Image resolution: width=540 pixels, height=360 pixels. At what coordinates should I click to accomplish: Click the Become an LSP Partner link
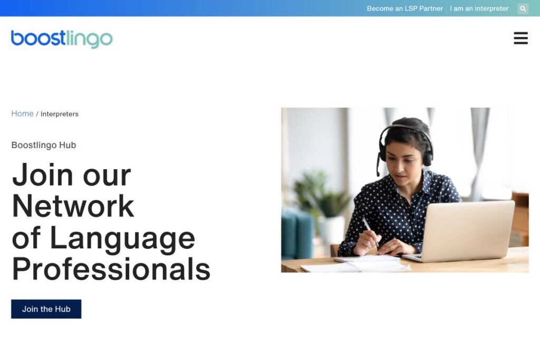[x=404, y=8]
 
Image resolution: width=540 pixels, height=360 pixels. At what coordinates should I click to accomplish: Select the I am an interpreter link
[x=479, y=8]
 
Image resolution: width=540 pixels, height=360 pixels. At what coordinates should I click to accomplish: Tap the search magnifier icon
[x=523, y=8]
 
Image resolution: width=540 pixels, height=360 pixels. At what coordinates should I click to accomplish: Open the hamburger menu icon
[x=520, y=38]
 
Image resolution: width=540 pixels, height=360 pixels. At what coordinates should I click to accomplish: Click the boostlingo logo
[x=62, y=39]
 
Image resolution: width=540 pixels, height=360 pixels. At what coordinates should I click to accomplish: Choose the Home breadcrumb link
[x=22, y=113]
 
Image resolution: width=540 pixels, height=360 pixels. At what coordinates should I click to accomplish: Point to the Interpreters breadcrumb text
[x=60, y=114]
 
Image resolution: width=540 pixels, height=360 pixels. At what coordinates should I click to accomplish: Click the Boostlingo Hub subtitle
[x=44, y=145]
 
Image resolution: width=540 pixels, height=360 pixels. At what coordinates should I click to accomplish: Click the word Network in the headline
[x=73, y=206]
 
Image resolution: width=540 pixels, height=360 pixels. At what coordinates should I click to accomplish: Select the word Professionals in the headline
[x=111, y=269]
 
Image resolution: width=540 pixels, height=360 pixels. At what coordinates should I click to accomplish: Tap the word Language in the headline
[x=122, y=238]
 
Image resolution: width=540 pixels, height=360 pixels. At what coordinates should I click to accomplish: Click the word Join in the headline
[x=43, y=174]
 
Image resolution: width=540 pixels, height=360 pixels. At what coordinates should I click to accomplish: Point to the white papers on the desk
[x=355, y=264]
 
